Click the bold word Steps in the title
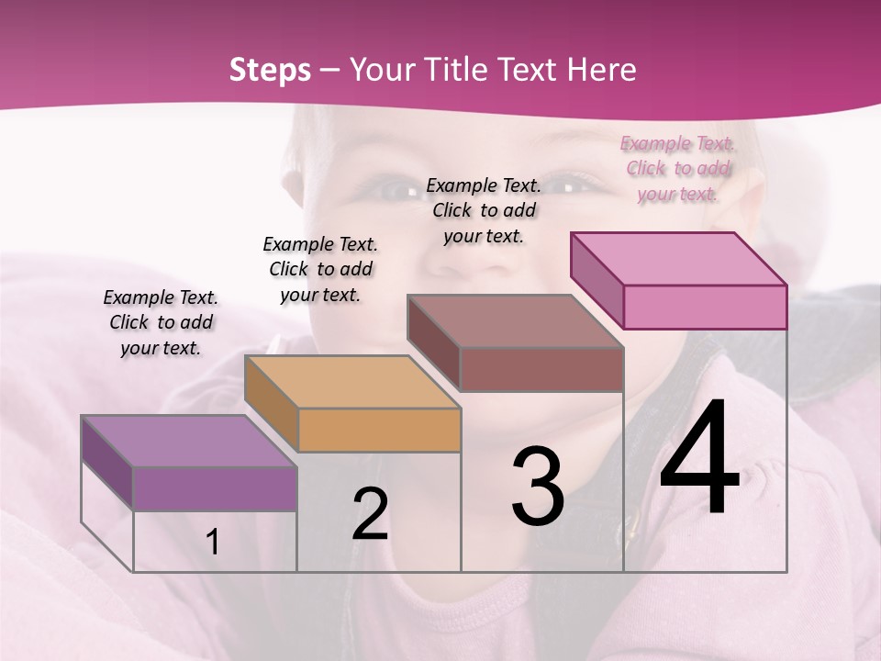coord(270,70)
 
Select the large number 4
coord(699,459)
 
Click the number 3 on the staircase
coord(538,487)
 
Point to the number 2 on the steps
coord(371,515)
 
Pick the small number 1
coord(213,543)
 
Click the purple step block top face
coord(188,440)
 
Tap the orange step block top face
coord(352,381)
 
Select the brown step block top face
coord(516,321)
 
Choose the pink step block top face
coord(679,258)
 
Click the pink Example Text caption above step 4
coord(677,168)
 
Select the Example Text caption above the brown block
coord(484,210)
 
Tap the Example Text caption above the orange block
coord(320,269)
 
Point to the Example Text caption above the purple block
coord(161,322)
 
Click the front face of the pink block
coord(705,307)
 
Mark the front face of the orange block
coord(379,430)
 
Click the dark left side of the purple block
coord(106,461)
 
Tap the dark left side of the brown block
coord(433,342)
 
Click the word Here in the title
coord(603,70)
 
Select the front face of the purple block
coord(215,488)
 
